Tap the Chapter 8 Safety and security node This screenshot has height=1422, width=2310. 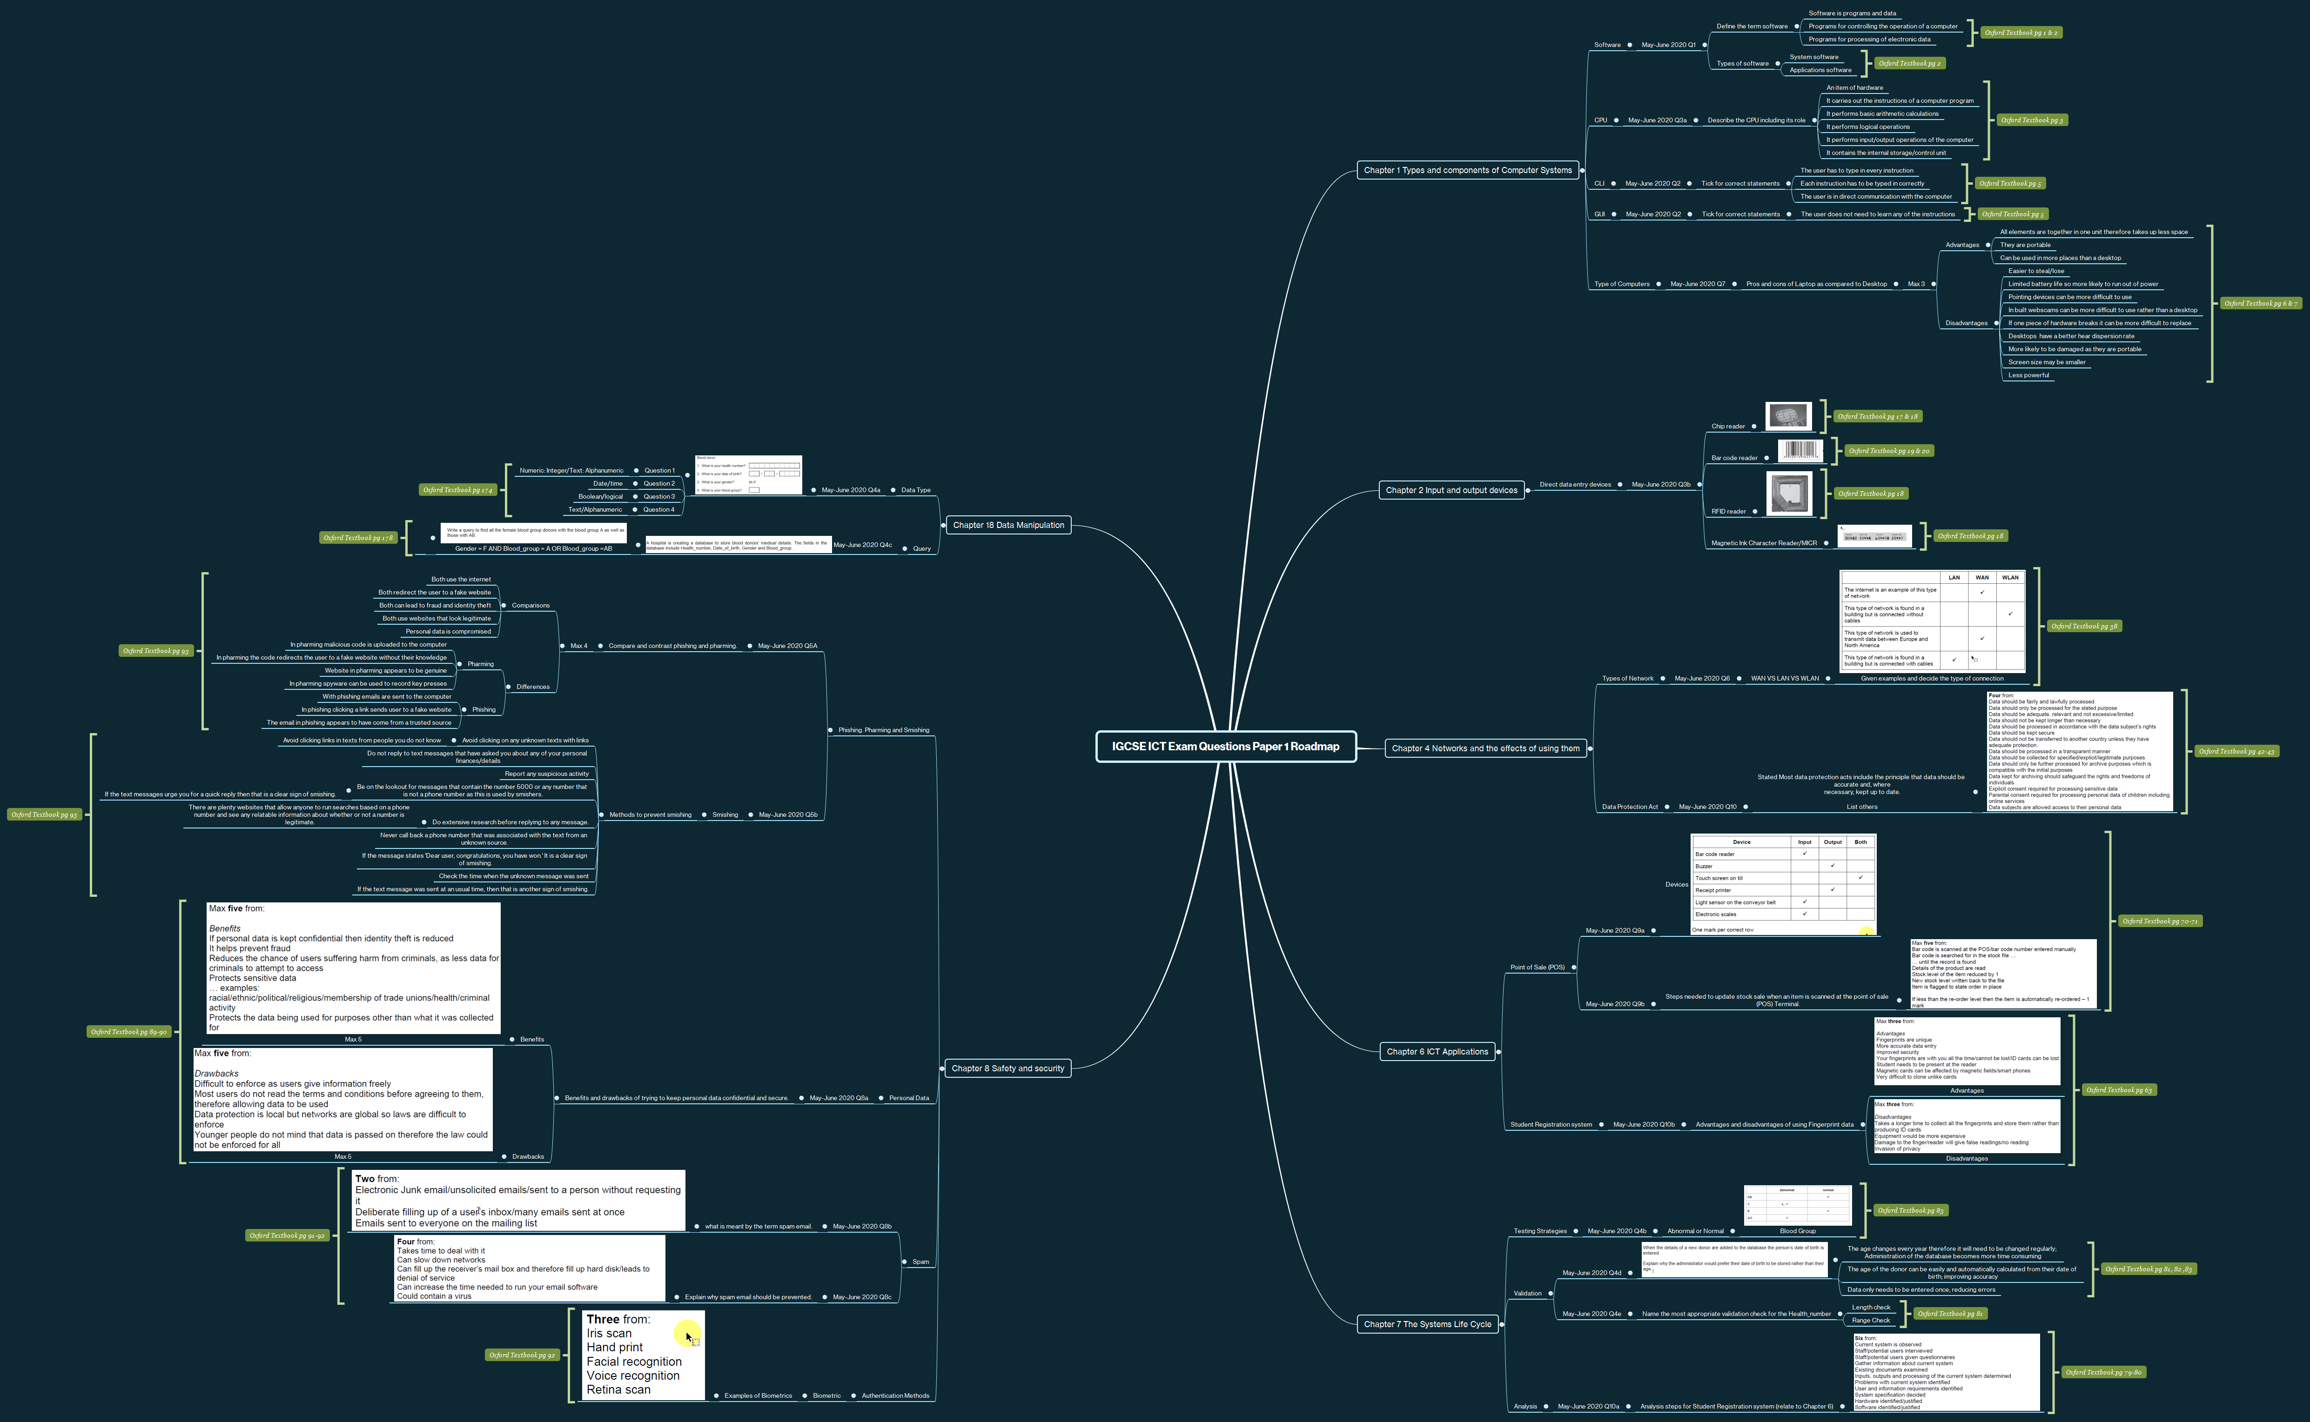(x=1007, y=1068)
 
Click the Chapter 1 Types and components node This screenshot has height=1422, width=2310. (x=1467, y=170)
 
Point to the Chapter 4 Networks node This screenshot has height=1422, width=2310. (x=1485, y=748)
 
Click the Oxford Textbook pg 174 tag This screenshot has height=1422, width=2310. (x=457, y=490)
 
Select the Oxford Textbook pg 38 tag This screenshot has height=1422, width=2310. (x=2084, y=627)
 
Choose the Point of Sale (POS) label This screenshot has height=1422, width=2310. (x=1537, y=967)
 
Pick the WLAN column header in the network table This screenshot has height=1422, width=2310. (x=2010, y=577)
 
